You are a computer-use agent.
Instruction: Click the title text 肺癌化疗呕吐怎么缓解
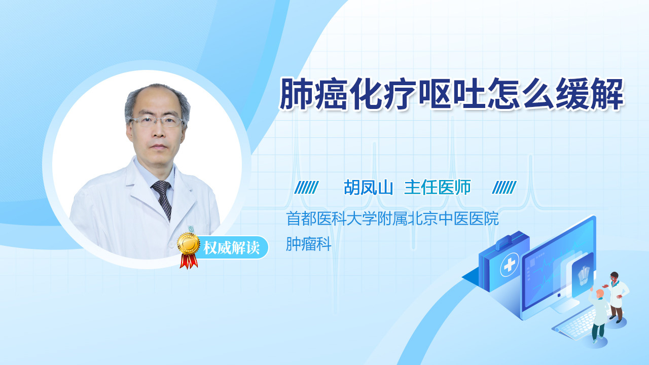(451, 94)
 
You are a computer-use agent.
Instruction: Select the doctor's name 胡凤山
(368, 188)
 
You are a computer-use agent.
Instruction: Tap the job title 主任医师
(437, 188)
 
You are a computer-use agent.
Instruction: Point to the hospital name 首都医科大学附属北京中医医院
(392, 218)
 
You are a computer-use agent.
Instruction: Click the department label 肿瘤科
(309, 244)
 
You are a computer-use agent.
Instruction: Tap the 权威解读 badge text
(231, 248)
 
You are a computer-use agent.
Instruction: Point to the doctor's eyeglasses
(157, 121)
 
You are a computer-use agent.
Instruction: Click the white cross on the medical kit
(510, 264)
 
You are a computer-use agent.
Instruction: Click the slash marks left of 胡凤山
(307, 188)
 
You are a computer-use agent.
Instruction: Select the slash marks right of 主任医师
(504, 188)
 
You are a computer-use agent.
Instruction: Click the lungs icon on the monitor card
(583, 276)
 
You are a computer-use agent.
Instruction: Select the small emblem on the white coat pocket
(191, 229)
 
